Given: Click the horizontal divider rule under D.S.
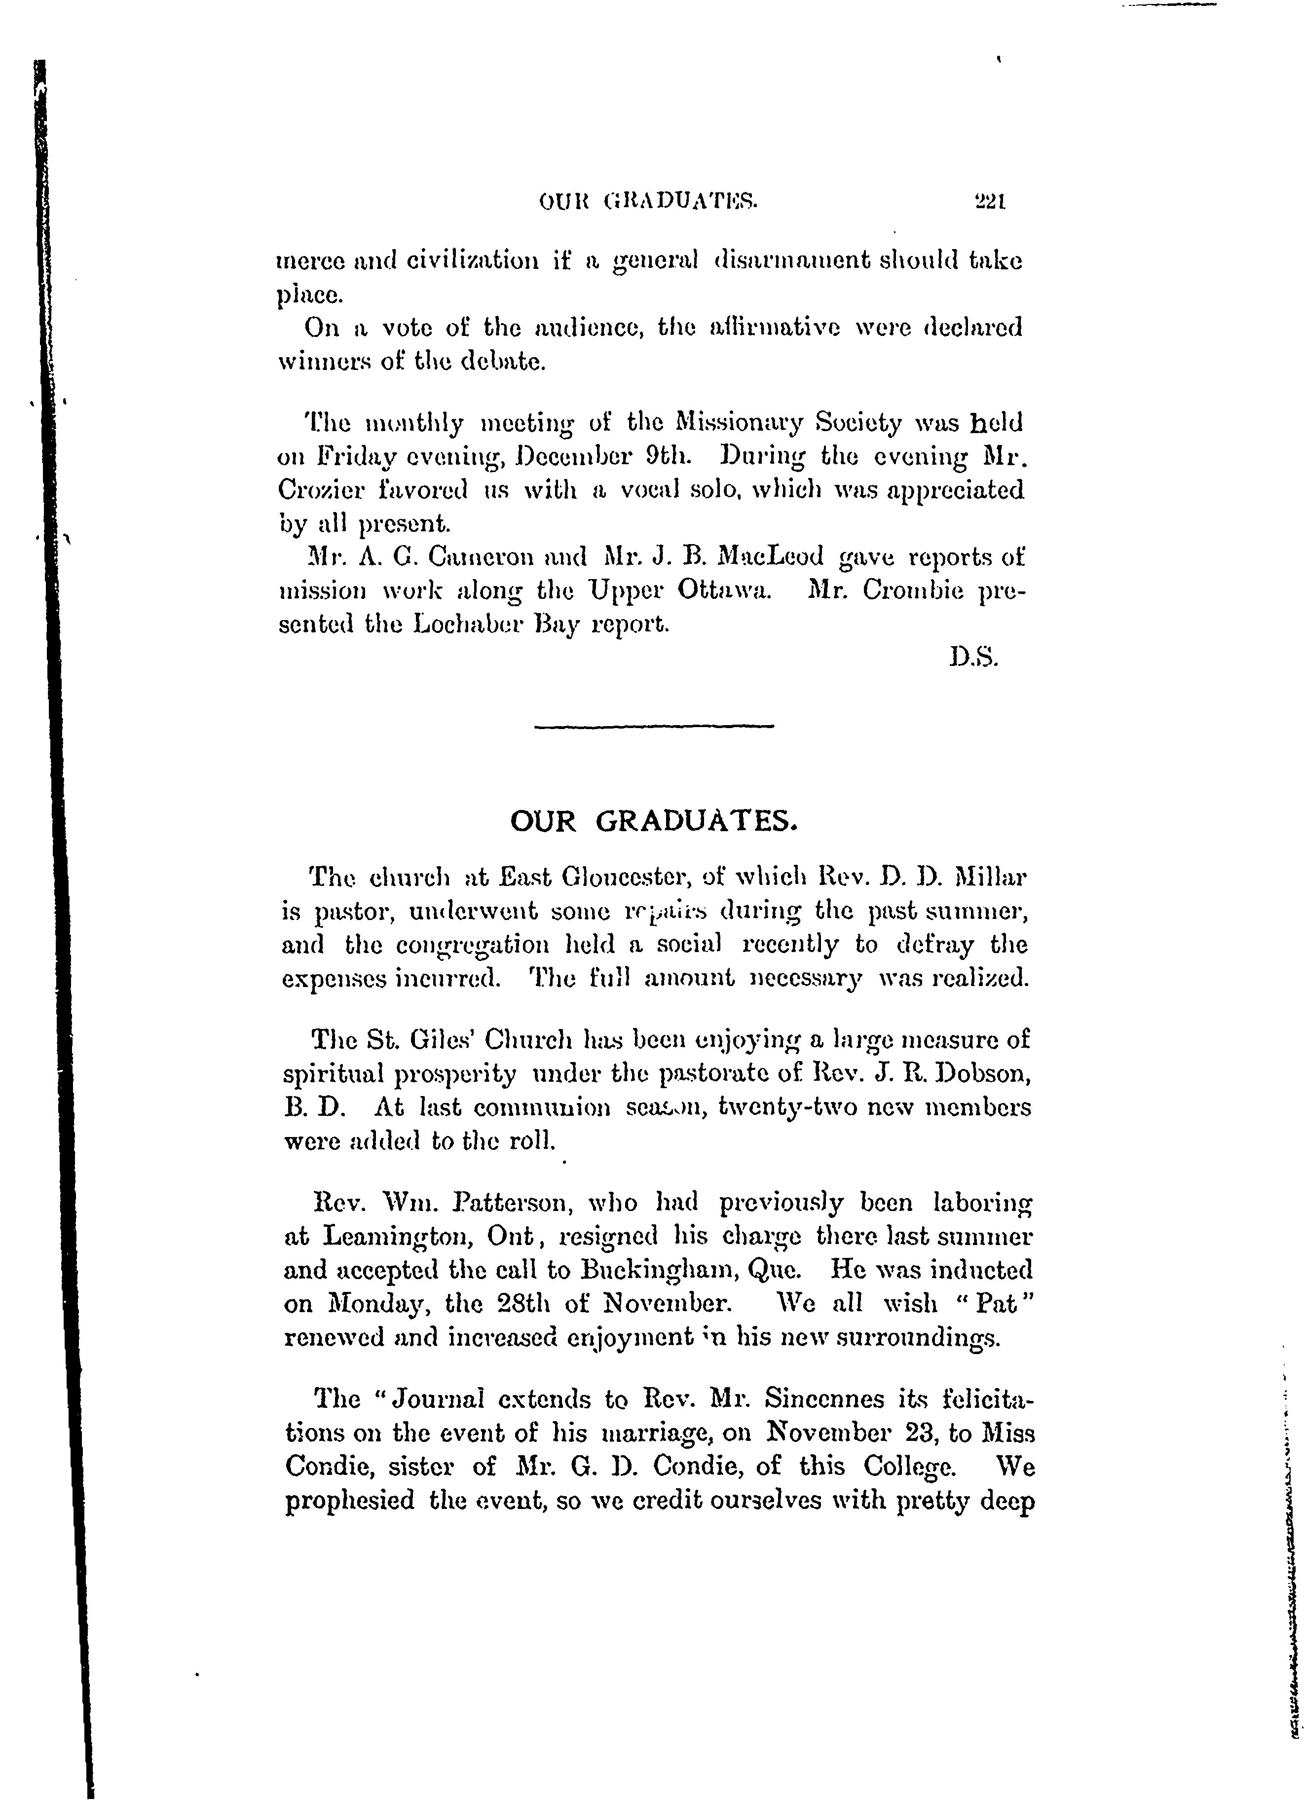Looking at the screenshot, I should (655, 726).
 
